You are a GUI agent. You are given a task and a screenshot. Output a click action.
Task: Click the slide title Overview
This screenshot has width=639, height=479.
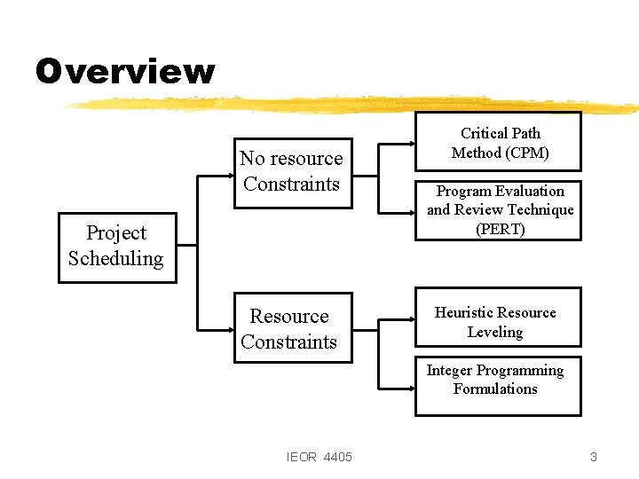125,71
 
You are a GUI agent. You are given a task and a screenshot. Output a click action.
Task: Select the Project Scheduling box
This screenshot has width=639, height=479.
116,247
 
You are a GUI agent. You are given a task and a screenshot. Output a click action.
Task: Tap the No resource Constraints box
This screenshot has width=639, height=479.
291,172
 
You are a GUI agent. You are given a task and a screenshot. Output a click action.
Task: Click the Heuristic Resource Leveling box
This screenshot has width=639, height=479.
498,317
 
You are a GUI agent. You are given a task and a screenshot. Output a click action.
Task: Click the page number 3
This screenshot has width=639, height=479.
594,457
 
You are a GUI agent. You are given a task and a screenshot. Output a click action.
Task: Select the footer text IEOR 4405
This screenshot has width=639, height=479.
319,457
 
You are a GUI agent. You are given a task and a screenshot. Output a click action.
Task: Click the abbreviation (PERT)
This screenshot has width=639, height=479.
501,229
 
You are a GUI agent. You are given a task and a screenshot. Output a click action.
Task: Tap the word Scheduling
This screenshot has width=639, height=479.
116,259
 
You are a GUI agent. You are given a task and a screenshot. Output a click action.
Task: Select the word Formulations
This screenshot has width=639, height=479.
495,389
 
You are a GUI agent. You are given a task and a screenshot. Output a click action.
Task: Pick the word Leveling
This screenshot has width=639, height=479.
495,332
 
